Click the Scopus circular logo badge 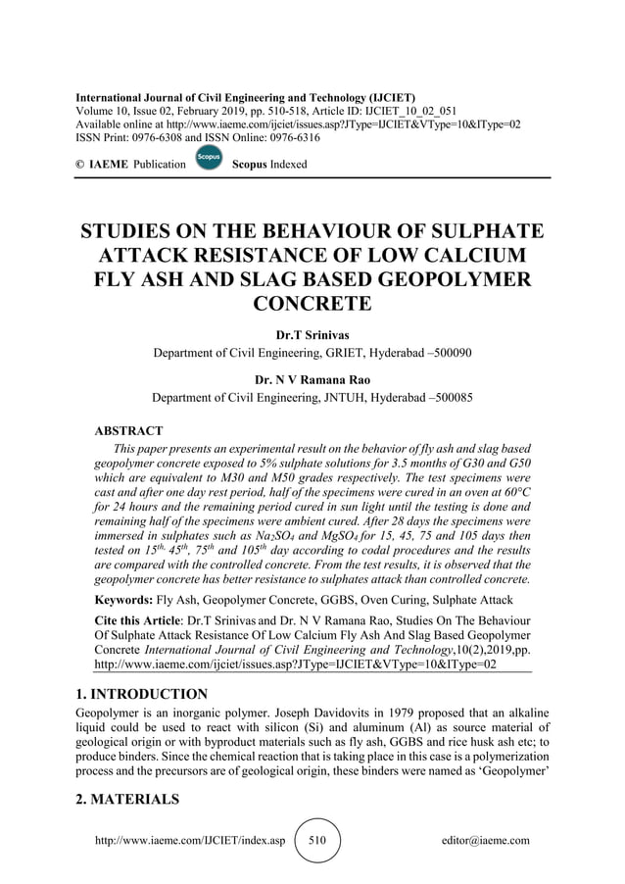[x=208, y=158]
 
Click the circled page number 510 [x=317, y=840]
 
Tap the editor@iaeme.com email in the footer [x=487, y=840]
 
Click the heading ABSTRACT [x=127, y=430]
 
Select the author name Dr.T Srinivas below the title [x=312, y=335]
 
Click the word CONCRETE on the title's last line [x=312, y=303]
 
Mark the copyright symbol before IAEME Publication [x=80, y=165]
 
